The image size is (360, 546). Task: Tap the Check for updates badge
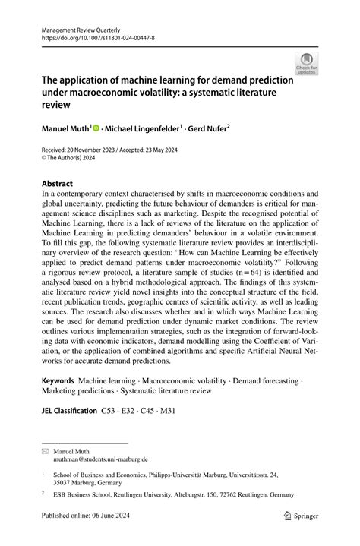click(306, 63)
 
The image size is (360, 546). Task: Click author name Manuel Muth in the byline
click(66, 129)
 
